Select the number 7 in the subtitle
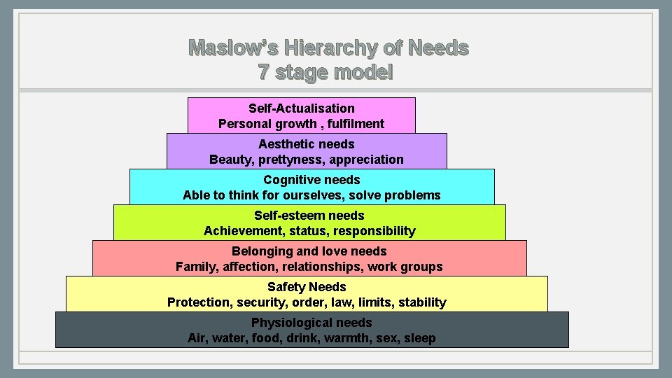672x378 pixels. pos(264,72)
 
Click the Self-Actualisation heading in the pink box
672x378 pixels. pos(302,108)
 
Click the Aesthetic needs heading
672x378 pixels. pos(307,144)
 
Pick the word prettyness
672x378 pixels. pos(293,160)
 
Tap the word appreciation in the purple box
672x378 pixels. pos(367,160)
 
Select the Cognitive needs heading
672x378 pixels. pos(311,180)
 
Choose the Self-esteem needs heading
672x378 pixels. pos(309,216)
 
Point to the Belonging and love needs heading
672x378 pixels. pos(309,251)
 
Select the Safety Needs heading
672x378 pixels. pos(307,287)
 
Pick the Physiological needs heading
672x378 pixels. pos(311,323)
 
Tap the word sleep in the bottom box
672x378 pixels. pos(419,338)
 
